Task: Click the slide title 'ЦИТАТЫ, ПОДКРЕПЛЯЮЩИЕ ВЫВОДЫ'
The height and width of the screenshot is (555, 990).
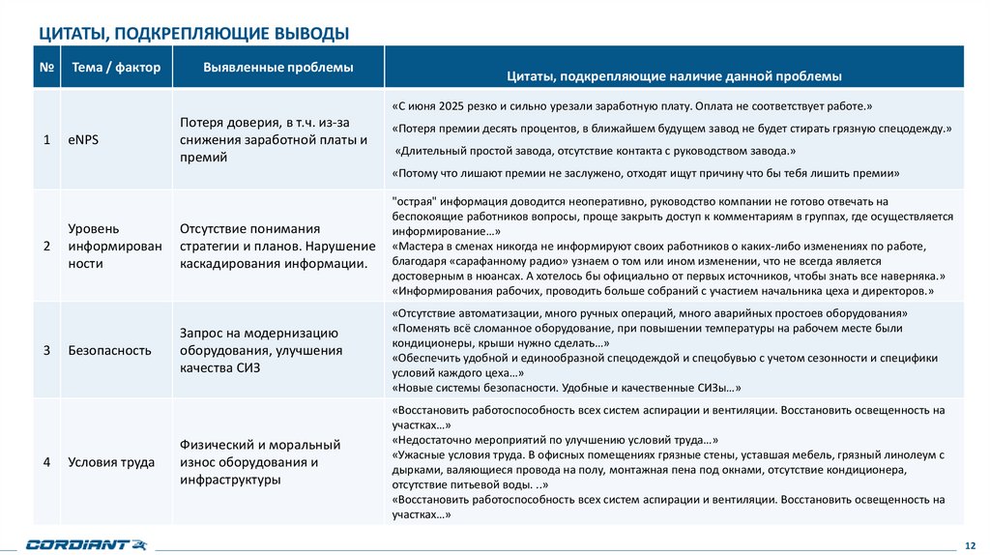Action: (x=193, y=34)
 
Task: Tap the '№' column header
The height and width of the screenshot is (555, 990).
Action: (x=46, y=68)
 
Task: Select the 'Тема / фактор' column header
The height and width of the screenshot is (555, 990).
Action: (x=116, y=68)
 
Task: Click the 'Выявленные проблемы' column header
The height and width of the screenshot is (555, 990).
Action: (x=277, y=68)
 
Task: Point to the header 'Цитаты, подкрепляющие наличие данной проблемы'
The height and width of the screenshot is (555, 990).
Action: (x=674, y=75)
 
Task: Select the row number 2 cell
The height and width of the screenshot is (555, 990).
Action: (x=46, y=246)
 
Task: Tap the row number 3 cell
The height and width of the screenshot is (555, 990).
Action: (x=46, y=350)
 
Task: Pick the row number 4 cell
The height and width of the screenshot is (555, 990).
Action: (x=46, y=461)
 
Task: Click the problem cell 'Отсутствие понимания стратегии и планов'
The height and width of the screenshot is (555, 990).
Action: (x=277, y=246)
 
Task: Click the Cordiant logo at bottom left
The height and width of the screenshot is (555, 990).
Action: (x=86, y=543)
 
